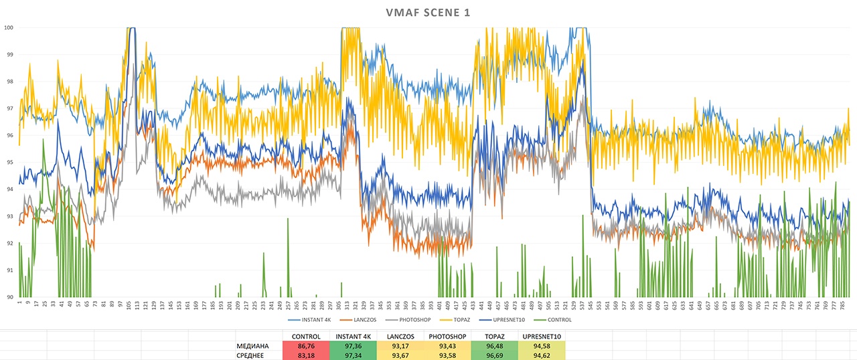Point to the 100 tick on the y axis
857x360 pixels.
point(9,27)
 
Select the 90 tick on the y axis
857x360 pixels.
point(9,297)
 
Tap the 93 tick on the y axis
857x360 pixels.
point(9,216)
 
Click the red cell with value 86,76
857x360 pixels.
point(306,345)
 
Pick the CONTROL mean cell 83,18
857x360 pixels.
point(306,355)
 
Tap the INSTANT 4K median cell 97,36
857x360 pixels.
point(353,345)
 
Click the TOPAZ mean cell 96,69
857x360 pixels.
point(494,355)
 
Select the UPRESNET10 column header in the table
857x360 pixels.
point(542,336)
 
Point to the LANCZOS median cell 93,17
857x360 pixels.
point(400,345)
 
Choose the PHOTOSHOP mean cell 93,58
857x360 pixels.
point(447,355)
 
